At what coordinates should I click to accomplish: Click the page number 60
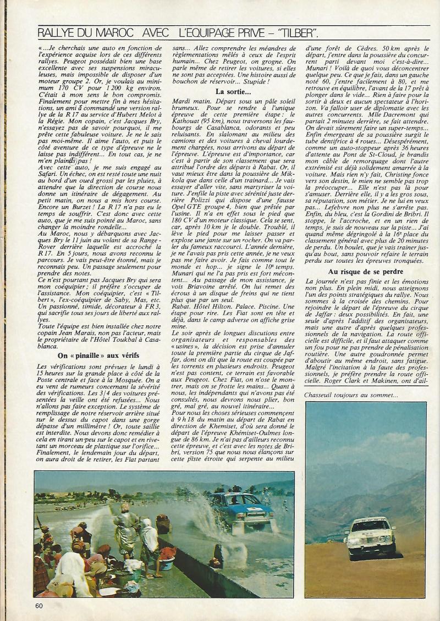click(x=39, y=606)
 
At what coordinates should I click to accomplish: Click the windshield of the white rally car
click(x=369, y=526)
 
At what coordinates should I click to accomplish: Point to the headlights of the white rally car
click(x=369, y=538)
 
